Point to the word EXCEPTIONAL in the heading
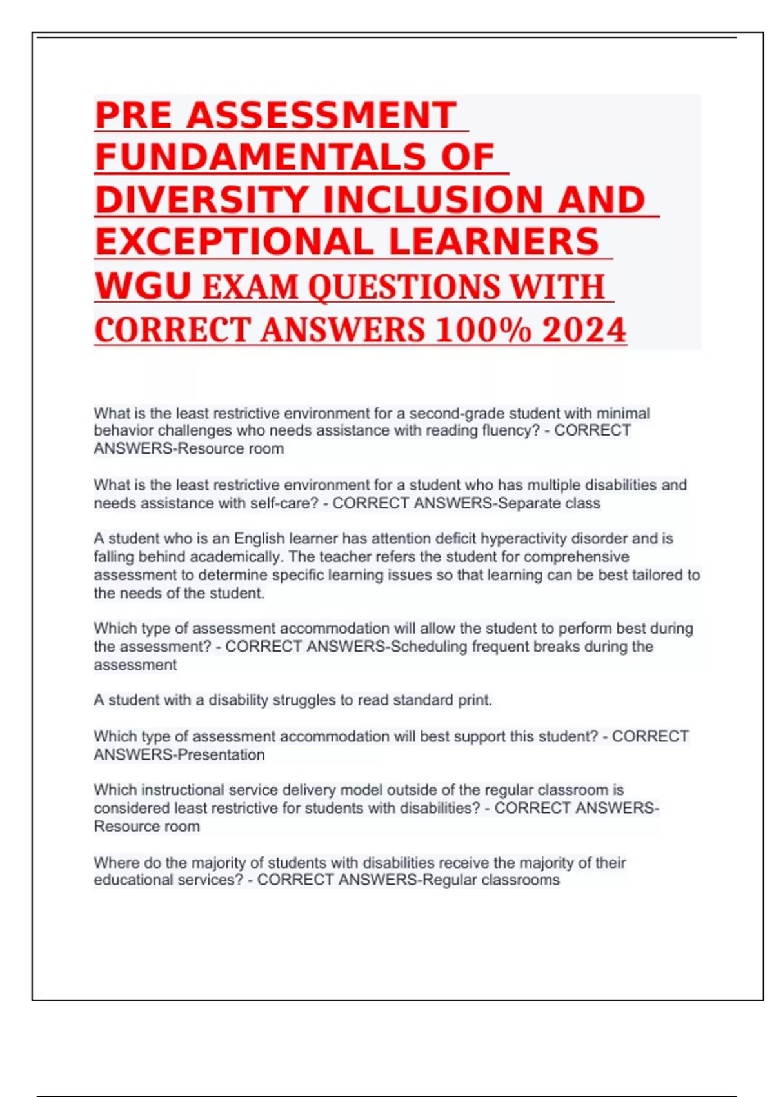(x=234, y=242)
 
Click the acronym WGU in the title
(x=143, y=286)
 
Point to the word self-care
(x=284, y=503)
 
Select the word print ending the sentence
(x=475, y=700)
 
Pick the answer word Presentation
(x=221, y=755)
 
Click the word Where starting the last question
(x=114, y=863)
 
